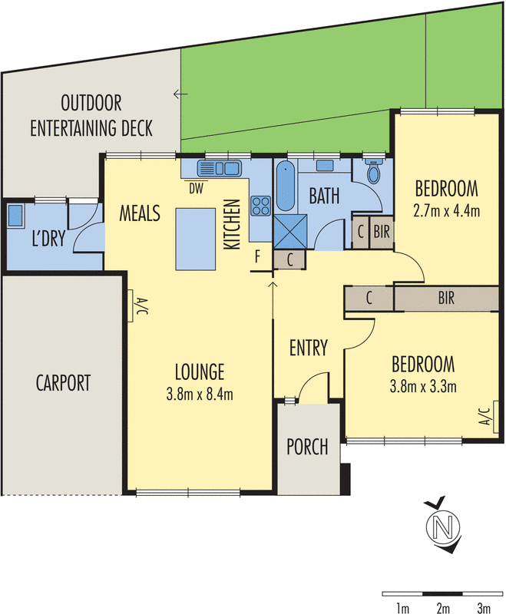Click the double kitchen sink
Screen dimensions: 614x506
(x=220, y=168)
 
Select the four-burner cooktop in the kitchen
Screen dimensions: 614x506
(x=260, y=206)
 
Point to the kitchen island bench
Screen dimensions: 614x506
(x=197, y=239)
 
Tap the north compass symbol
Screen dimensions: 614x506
(x=441, y=528)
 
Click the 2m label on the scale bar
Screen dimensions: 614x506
(x=442, y=609)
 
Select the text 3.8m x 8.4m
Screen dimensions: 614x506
(x=199, y=395)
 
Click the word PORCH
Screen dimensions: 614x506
(x=307, y=446)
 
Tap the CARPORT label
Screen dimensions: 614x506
(x=63, y=381)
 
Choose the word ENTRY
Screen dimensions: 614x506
(x=309, y=348)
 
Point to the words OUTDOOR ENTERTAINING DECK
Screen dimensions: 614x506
(x=91, y=114)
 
